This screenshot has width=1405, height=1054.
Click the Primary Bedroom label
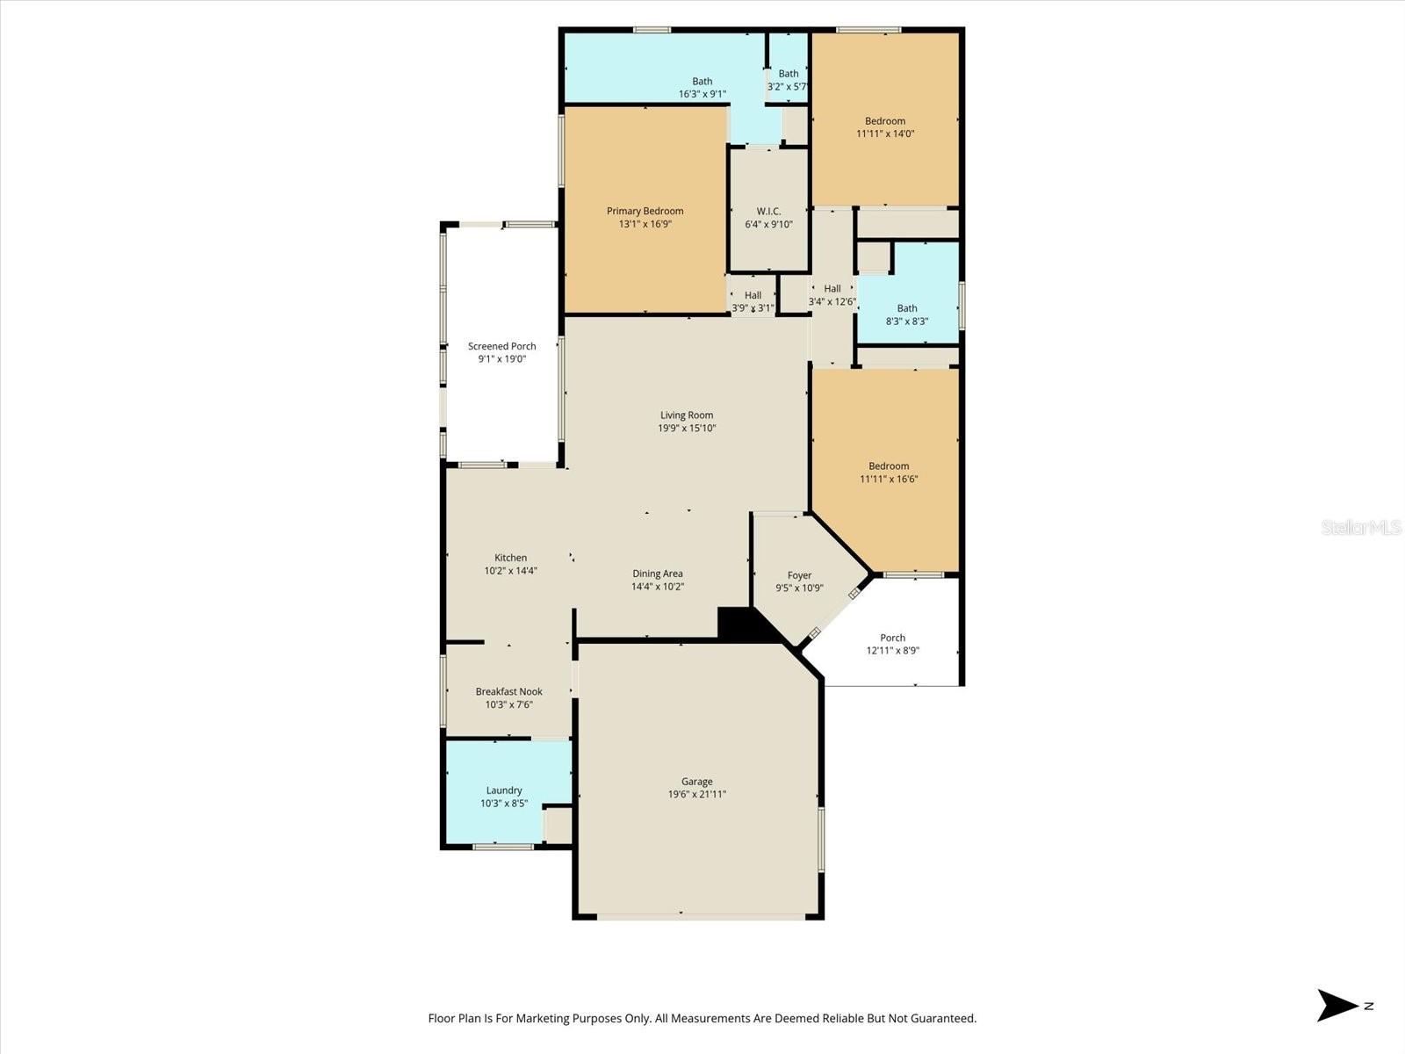pos(645,212)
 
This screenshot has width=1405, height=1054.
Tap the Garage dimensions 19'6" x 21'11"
pos(696,795)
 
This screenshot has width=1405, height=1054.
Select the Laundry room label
pos(504,790)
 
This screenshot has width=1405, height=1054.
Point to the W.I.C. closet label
pos(768,212)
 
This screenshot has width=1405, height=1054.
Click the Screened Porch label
pos(501,346)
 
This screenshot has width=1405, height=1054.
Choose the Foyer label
pos(799,575)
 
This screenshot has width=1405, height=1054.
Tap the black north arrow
pos(1337,1006)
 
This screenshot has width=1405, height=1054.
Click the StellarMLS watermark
pos(1360,528)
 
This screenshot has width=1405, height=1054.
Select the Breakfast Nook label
pos(508,692)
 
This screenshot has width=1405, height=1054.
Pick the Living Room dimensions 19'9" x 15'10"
pos(687,429)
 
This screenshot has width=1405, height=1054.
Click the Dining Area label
pos(657,574)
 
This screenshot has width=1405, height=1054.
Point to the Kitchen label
pos(510,558)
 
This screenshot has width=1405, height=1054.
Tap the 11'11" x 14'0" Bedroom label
pos(885,121)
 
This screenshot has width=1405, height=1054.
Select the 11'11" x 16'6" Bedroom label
pos(889,466)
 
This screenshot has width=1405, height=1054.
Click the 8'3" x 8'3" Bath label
pos(907,308)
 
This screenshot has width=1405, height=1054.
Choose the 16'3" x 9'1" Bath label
pos(702,82)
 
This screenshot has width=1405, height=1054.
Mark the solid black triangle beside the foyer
pos(742,624)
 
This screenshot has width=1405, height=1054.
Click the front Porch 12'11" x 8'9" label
pos(892,639)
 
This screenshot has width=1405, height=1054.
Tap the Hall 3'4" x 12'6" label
pos(832,289)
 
